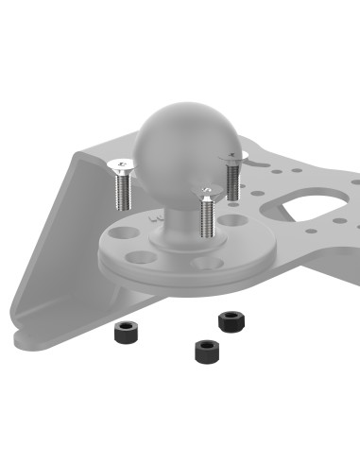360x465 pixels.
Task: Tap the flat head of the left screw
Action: [x=120, y=166]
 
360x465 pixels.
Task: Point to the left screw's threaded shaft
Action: [x=121, y=194]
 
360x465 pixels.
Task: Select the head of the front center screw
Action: [x=206, y=193]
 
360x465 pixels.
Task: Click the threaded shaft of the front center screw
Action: [x=206, y=223]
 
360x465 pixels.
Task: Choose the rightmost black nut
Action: [x=230, y=320]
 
